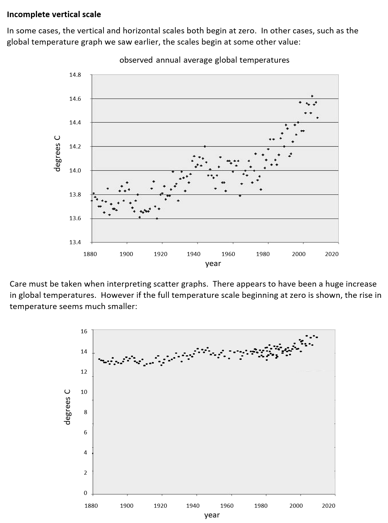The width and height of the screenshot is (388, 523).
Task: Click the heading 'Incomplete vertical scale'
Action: [x=54, y=15]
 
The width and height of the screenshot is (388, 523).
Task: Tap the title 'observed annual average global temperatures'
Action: [x=204, y=60]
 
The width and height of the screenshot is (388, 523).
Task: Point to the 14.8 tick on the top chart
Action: [x=75, y=75]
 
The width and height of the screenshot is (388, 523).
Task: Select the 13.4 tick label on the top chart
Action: [x=75, y=242]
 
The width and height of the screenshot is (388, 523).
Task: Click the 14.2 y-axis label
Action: [x=75, y=146]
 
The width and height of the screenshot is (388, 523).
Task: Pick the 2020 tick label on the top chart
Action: [x=332, y=254]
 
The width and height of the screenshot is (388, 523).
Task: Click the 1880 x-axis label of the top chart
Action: [x=90, y=254]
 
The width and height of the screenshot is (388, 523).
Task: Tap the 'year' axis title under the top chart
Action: [x=213, y=264]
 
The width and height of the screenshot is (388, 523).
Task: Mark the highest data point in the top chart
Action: [x=312, y=96]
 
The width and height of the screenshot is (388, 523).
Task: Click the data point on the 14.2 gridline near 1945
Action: [x=205, y=146]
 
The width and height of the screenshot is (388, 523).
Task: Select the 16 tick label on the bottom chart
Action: [x=84, y=331]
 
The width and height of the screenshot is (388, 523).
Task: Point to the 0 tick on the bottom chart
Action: [x=85, y=493]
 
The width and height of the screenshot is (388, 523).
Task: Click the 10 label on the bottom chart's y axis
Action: [x=84, y=392]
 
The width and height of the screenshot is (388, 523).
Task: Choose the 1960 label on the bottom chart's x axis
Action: [x=227, y=506]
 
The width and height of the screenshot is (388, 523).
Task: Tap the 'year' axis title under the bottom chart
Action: [x=212, y=515]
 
